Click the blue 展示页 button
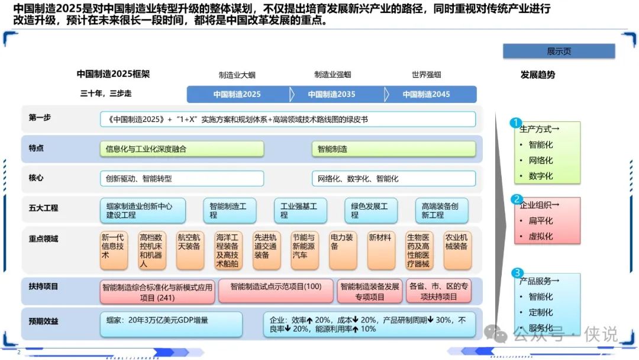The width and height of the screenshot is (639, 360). click(x=559, y=52)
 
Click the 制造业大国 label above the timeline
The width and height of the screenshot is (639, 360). click(x=237, y=75)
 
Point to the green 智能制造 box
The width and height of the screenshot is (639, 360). click(x=393, y=149)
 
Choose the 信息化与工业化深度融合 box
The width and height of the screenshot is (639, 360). click(x=182, y=149)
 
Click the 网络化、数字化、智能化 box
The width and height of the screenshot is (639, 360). click(x=393, y=179)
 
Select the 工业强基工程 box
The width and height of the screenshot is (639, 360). click(x=301, y=210)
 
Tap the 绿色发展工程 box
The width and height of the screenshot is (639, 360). click(x=371, y=210)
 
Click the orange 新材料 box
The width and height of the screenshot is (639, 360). click(x=381, y=250)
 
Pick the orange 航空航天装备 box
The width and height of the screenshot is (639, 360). click(x=190, y=250)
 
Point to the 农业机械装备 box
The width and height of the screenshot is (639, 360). click(x=457, y=250)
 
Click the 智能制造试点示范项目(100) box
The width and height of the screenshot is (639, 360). click(x=276, y=291)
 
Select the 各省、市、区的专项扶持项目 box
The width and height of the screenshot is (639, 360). click(x=438, y=291)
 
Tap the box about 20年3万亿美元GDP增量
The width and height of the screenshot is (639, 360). click(x=171, y=324)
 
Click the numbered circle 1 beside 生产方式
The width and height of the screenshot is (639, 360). click(x=515, y=123)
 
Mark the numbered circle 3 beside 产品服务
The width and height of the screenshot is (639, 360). click(x=517, y=273)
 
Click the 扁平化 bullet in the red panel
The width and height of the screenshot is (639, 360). click(x=540, y=221)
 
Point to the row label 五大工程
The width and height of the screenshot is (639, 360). click(x=43, y=208)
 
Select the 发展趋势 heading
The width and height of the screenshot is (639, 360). click(x=537, y=75)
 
